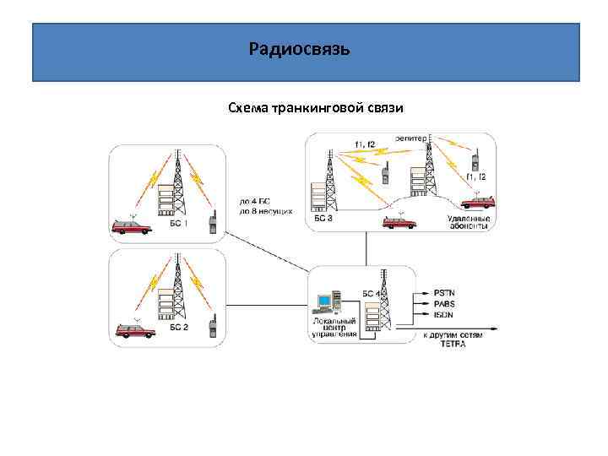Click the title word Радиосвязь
pyautogui.click(x=299, y=50)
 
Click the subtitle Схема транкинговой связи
pyautogui.click(x=304, y=108)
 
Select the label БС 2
pyautogui.click(x=178, y=327)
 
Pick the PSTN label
pyautogui.click(x=443, y=293)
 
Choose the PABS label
pyautogui.click(x=443, y=304)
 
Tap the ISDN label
pyautogui.click(x=442, y=314)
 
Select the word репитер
pyautogui.click(x=410, y=138)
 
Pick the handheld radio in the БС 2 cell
pyautogui.click(x=214, y=329)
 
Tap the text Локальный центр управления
pyautogui.click(x=335, y=328)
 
